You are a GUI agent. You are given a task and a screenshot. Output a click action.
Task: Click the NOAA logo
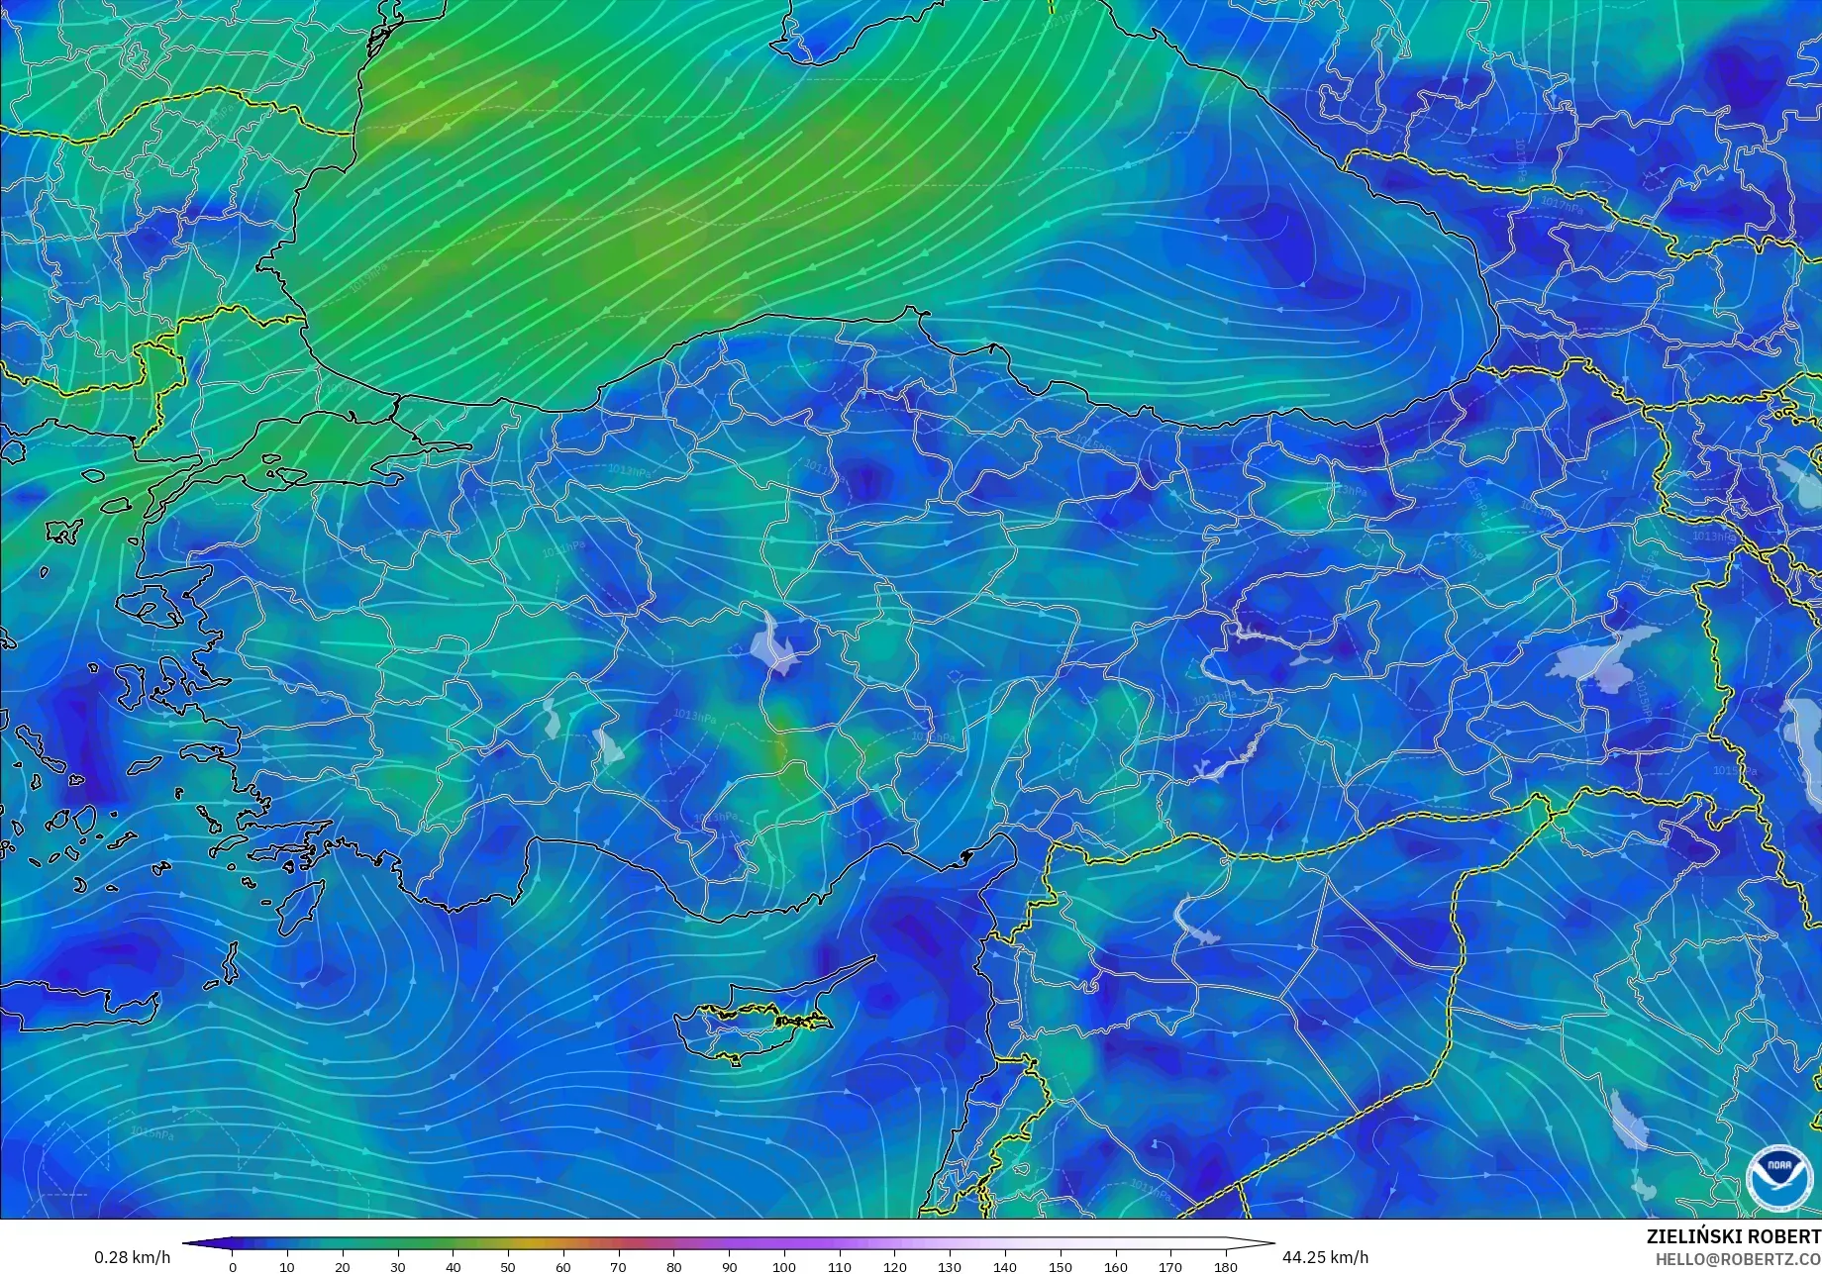coord(1772,1178)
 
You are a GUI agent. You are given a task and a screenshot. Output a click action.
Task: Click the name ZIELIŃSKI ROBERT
coord(1733,1236)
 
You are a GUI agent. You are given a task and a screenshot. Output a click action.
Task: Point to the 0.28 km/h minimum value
coord(132,1257)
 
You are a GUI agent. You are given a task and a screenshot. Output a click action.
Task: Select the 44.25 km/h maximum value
coord(1324,1257)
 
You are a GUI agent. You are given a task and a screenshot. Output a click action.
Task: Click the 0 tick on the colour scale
coord(233,1266)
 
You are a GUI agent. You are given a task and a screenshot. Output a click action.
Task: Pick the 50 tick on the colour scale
coord(508,1266)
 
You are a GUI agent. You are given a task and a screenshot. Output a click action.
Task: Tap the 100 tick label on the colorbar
coord(783,1266)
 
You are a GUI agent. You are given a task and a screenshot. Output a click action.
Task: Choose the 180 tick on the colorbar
coord(1225,1266)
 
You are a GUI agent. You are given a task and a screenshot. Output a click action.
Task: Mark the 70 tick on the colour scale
coord(618,1266)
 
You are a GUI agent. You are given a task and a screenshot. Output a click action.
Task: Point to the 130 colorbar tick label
coord(949,1266)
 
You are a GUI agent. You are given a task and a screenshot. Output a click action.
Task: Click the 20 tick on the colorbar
coord(343,1266)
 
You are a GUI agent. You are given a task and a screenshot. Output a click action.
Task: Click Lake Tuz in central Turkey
coord(775,643)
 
